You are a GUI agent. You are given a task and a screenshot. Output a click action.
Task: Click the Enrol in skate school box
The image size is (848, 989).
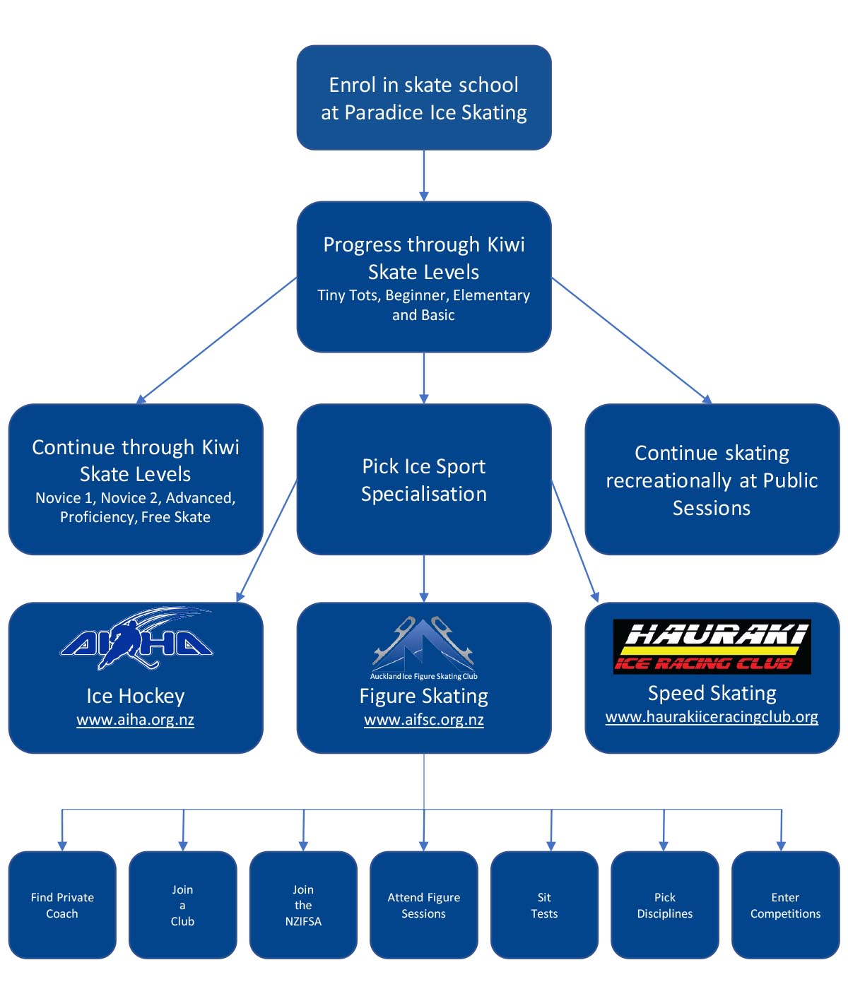[424, 97]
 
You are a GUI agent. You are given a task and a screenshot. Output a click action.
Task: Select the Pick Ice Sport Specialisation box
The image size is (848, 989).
[424, 480]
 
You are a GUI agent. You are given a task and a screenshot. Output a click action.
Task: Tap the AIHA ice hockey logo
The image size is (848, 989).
[136, 640]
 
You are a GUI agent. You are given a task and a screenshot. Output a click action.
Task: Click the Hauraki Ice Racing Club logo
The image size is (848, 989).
[712, 646]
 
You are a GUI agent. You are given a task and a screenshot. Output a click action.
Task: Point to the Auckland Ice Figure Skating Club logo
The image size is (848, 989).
[424, 646]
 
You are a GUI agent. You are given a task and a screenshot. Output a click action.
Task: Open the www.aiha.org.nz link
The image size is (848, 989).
[136, 720]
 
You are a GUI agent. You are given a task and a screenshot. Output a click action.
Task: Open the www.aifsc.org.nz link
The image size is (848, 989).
[424, 720]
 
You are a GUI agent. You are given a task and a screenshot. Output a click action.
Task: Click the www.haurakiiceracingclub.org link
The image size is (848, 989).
[712, 717]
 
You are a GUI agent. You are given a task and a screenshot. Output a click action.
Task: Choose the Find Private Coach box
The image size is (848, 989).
[62, 905]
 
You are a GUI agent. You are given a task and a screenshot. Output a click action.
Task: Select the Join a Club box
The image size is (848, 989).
[182, 905]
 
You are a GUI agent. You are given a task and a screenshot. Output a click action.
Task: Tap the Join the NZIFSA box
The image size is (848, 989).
[303, 905]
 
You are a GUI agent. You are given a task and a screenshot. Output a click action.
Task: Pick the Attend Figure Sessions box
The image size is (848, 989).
[424, 905]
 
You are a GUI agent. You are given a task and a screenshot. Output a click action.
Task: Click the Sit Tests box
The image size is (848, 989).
[544, 905]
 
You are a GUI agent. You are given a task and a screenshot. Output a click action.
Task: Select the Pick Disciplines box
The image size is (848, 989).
[665, 905]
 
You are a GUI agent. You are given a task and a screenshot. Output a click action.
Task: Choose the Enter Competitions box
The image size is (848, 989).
[785, 905]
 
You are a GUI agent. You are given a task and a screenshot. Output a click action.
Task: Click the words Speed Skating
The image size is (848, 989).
[712, 693]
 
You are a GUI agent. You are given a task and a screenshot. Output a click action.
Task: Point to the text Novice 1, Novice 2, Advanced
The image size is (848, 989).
[136, 498]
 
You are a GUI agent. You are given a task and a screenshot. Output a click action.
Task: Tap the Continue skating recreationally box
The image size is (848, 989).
[712, 480]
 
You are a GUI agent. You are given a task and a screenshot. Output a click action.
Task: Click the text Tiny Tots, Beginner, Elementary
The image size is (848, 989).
[424, 295]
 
